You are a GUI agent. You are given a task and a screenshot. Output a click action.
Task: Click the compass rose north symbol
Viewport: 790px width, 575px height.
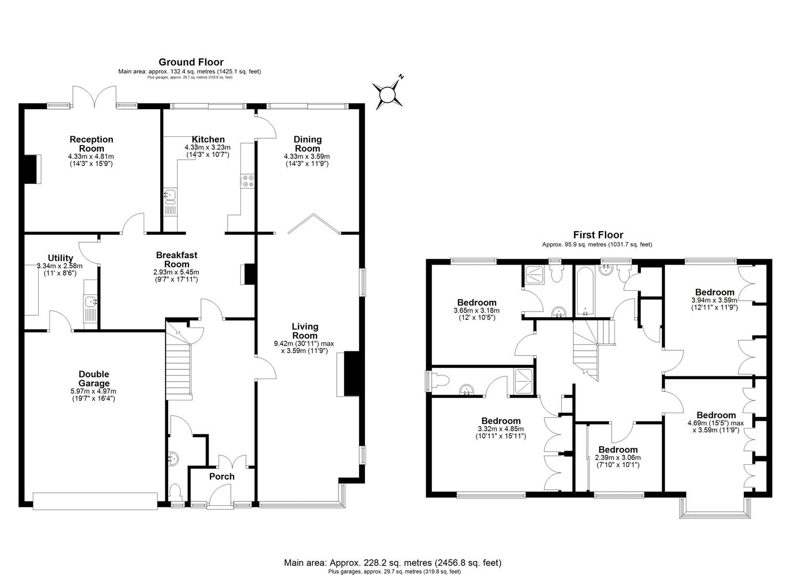pyautogui.click(x=387, y=95)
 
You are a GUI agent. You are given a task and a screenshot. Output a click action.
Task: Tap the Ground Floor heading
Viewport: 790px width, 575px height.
pyautogui.click(x=191, y=62)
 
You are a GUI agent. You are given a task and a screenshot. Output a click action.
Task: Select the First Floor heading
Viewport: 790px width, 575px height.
pyautogui.click(x=598, y=235)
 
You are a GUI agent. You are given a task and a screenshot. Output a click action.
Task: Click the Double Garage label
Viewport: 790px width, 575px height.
pyautogui.click(x=94, y=379)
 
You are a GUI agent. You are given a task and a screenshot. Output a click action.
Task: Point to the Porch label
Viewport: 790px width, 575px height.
pyautogui.click(x=221, y=477)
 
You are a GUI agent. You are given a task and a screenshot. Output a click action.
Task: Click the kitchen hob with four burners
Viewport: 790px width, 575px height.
pyautogui.click(x=247, y=181)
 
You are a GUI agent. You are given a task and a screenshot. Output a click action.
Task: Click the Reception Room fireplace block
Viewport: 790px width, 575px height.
pyautogui.click(x=31, y=169)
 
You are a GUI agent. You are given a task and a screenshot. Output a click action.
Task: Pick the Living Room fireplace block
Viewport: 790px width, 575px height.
pyautogui.click(x=351, y=374)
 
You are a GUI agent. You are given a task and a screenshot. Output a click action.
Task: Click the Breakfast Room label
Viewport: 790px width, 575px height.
pyautogui.click(x=177, y=259)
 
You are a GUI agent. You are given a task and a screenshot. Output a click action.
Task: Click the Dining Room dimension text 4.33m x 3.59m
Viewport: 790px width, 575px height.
pyautogui.click(x=307, y=157)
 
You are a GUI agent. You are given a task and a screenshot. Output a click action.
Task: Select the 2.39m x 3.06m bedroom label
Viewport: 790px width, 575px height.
pyautogui.click(x=618, y=458)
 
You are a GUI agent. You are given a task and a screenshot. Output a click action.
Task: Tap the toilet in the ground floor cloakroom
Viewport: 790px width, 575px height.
pyautogui.click(x=175, y=491)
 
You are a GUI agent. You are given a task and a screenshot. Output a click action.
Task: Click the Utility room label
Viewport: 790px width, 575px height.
pyautogui.click(x=60, y=258)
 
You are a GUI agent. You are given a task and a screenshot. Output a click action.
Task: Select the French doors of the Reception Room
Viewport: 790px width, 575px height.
pyautogui.click(x=95, y=97)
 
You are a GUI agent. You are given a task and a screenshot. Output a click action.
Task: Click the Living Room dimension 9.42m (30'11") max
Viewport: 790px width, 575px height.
pyautogui.click(x=304, y=343)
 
